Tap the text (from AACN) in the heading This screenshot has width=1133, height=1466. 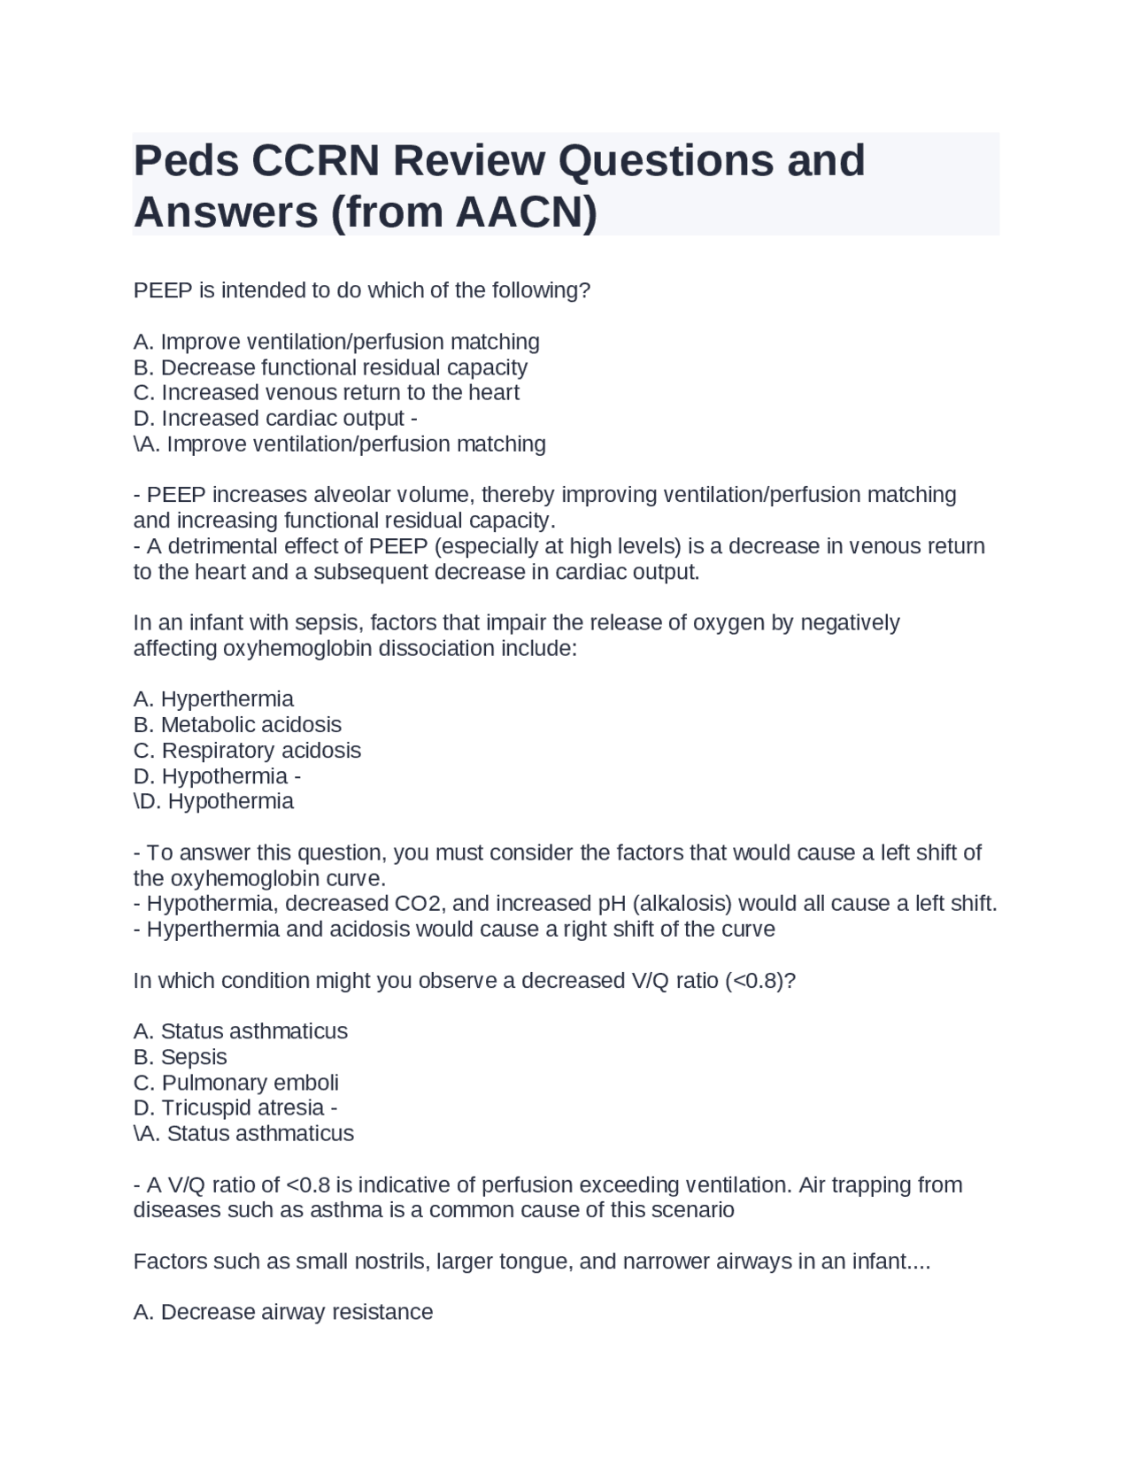(464, 212)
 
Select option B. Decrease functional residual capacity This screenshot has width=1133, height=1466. (330, 367)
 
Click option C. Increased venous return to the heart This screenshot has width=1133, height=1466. (326, 392)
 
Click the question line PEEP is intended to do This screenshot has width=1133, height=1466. (361, 290)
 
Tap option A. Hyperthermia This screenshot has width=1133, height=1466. (213, 698)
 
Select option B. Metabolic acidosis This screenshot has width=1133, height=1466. (237, 724)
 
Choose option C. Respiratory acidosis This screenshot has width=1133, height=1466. (247, 750)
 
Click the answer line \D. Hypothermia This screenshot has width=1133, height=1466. (213, 801)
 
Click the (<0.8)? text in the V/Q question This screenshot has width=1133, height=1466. (760, 981)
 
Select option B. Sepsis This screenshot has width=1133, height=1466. (181, 1057)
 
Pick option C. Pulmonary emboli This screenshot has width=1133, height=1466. (235, 1083)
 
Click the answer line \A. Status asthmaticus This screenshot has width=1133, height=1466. (243, 1133)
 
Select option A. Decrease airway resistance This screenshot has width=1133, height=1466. (283, 1312)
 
